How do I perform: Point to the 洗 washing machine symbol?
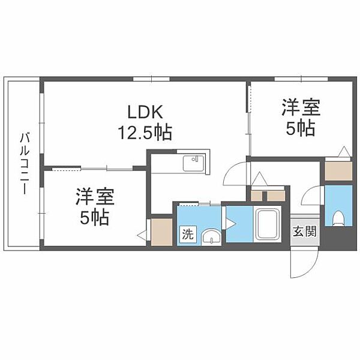[x=187, y=235]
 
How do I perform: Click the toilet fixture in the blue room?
[x=338, y=217]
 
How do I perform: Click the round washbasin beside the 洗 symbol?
[x=209, y=236]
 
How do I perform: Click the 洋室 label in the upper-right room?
[x=301, y=108]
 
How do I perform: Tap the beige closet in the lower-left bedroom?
[x=161, y=232]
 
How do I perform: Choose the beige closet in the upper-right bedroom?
[x=338, y=171]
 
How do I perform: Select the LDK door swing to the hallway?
[x=235, y=173]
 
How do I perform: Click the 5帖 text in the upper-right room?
[x=301, y=128]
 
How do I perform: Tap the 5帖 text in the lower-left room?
[x=95, y=218]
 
